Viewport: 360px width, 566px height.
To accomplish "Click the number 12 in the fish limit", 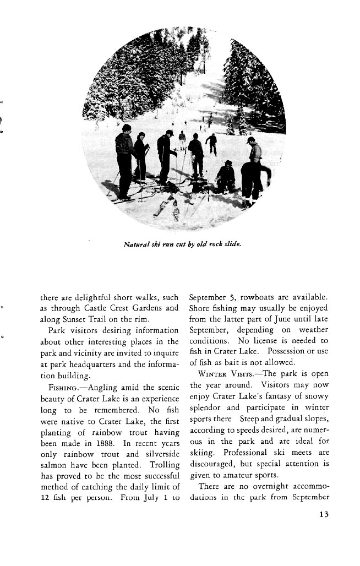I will [x=47, y=498].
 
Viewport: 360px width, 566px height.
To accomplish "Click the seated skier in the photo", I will [x=226, y=177].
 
